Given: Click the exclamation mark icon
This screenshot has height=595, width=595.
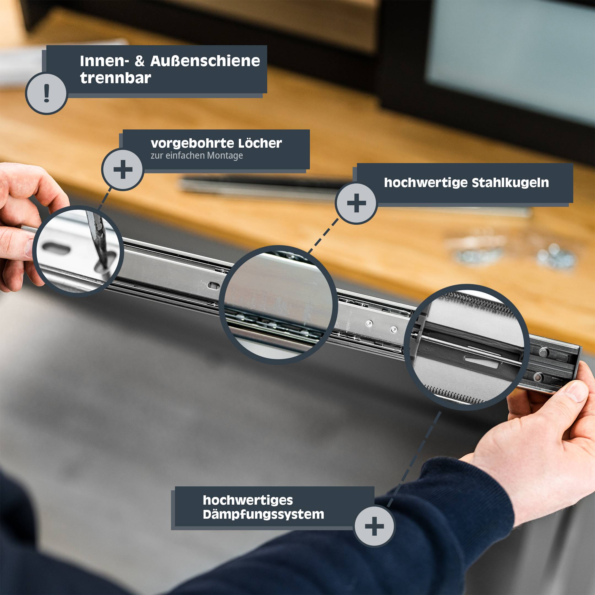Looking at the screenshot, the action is (x=47, y=93).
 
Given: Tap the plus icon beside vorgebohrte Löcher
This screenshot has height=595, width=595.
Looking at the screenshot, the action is (x=123, y=169).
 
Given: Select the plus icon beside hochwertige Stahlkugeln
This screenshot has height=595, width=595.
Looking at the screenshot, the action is (x=356, y=203).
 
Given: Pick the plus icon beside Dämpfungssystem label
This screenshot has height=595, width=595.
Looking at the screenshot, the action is (x=374, y=526).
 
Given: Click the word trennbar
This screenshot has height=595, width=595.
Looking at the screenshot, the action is (x=115, y=78).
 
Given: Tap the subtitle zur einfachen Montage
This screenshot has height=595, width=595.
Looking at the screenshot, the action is (x=197, y=156).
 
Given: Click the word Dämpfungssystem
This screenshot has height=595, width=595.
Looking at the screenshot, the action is (x=263, y=515).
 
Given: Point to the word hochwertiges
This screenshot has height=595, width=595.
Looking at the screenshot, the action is (x=248, y=501).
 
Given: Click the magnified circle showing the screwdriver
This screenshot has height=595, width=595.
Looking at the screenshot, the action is (x=78, y=251).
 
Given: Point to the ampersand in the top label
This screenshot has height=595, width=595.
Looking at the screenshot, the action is (x=139, y=61).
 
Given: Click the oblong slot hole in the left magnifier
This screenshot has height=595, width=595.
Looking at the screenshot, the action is (x=56, y=248).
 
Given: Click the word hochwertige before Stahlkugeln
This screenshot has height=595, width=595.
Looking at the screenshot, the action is (x=426, y=183).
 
